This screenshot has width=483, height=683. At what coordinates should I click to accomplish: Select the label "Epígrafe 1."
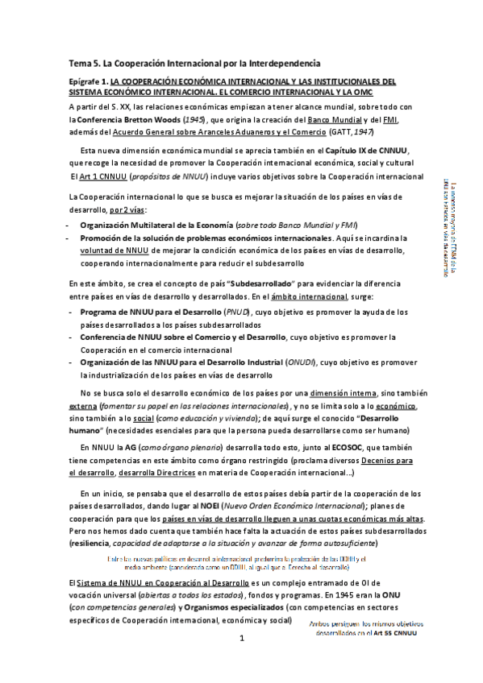(x=88, y=81)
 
